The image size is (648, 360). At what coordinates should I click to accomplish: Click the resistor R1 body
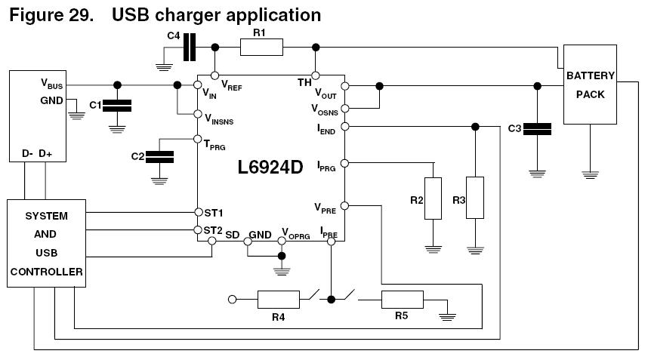point(261,48)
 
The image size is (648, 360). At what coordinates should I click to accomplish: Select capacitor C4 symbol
point(190,48)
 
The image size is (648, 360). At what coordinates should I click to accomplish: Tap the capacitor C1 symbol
point(116,106)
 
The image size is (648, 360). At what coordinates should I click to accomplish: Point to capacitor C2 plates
point(159,156)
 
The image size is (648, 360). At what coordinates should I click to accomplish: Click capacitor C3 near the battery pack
point(537,129)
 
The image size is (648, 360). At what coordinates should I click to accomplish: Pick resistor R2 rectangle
point(434,198)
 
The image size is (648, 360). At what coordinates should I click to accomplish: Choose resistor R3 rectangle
point(474,198)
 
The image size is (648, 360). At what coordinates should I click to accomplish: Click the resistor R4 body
point(279,300)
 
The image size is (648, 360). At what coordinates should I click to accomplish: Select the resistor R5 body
point(401,300)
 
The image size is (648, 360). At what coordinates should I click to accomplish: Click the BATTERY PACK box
point(590,85)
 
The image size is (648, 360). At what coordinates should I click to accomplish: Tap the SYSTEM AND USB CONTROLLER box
point(46,243)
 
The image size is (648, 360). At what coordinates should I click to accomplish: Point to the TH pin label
point(304,82)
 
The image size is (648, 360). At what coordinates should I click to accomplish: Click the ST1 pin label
point(214,213)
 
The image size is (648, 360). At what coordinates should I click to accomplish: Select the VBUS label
point(51,85)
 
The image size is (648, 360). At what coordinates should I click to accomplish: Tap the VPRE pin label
point(326,207)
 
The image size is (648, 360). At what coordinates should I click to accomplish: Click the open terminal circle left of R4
point(233,300)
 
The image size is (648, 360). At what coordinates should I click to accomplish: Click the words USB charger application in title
point(216,14)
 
